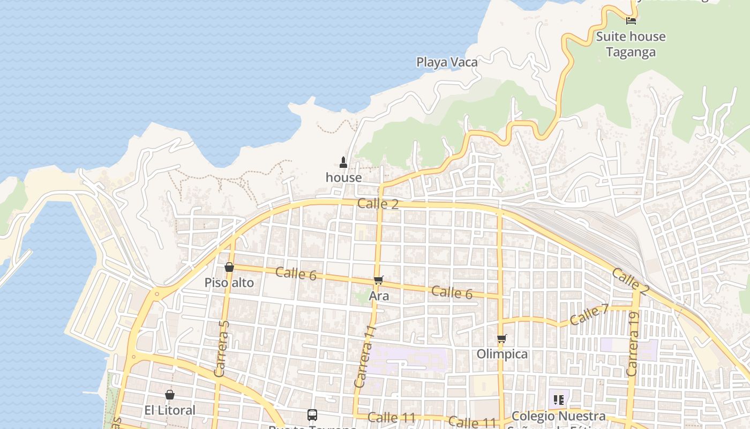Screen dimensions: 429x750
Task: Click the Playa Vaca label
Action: click(447, 62)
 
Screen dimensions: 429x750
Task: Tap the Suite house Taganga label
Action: click(631, 44)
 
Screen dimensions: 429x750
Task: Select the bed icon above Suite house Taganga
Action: click(631, 20)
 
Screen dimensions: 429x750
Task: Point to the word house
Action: click(343, 177)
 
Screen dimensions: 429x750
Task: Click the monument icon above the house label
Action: click(343, 162)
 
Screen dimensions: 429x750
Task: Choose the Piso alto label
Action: click(229, 283)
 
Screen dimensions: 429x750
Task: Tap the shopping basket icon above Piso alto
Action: click(229, 267)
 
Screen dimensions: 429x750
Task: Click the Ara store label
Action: click(379, 295)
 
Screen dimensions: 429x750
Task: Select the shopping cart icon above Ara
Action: click(379, 280)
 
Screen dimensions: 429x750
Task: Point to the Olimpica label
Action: click(502, 354)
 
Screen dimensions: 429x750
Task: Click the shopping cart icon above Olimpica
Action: click(501, 338)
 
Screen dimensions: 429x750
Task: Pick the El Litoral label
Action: click(170, 410)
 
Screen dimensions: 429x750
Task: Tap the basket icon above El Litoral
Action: click(170, 395)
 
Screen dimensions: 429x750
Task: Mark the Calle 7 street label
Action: click(589, 315)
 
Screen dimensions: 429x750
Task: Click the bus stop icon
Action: click(312, 415)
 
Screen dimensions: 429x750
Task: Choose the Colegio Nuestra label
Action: click(558, 416)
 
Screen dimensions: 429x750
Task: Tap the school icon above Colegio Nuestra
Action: click(558, 400)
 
